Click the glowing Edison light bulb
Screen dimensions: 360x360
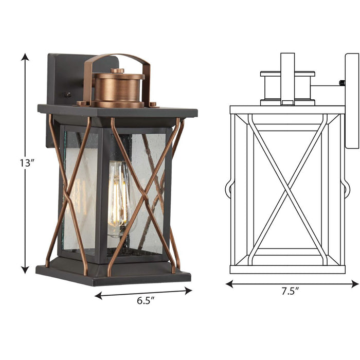coord(118,194)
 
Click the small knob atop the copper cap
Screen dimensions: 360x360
coord(118,70)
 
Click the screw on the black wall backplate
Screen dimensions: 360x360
coord(66,95)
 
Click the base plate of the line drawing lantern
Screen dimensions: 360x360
coord(287,269)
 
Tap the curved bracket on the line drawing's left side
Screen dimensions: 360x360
coord(228,190)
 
